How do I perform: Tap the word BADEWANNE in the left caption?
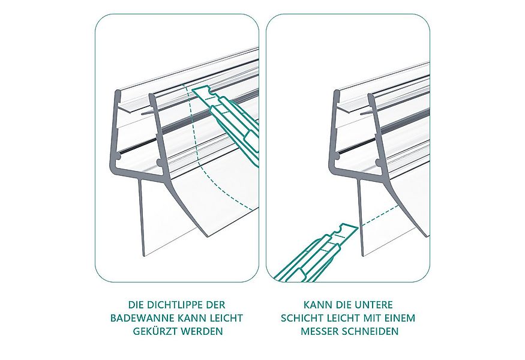(136, 318)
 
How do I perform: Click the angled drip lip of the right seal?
(408, 204)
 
